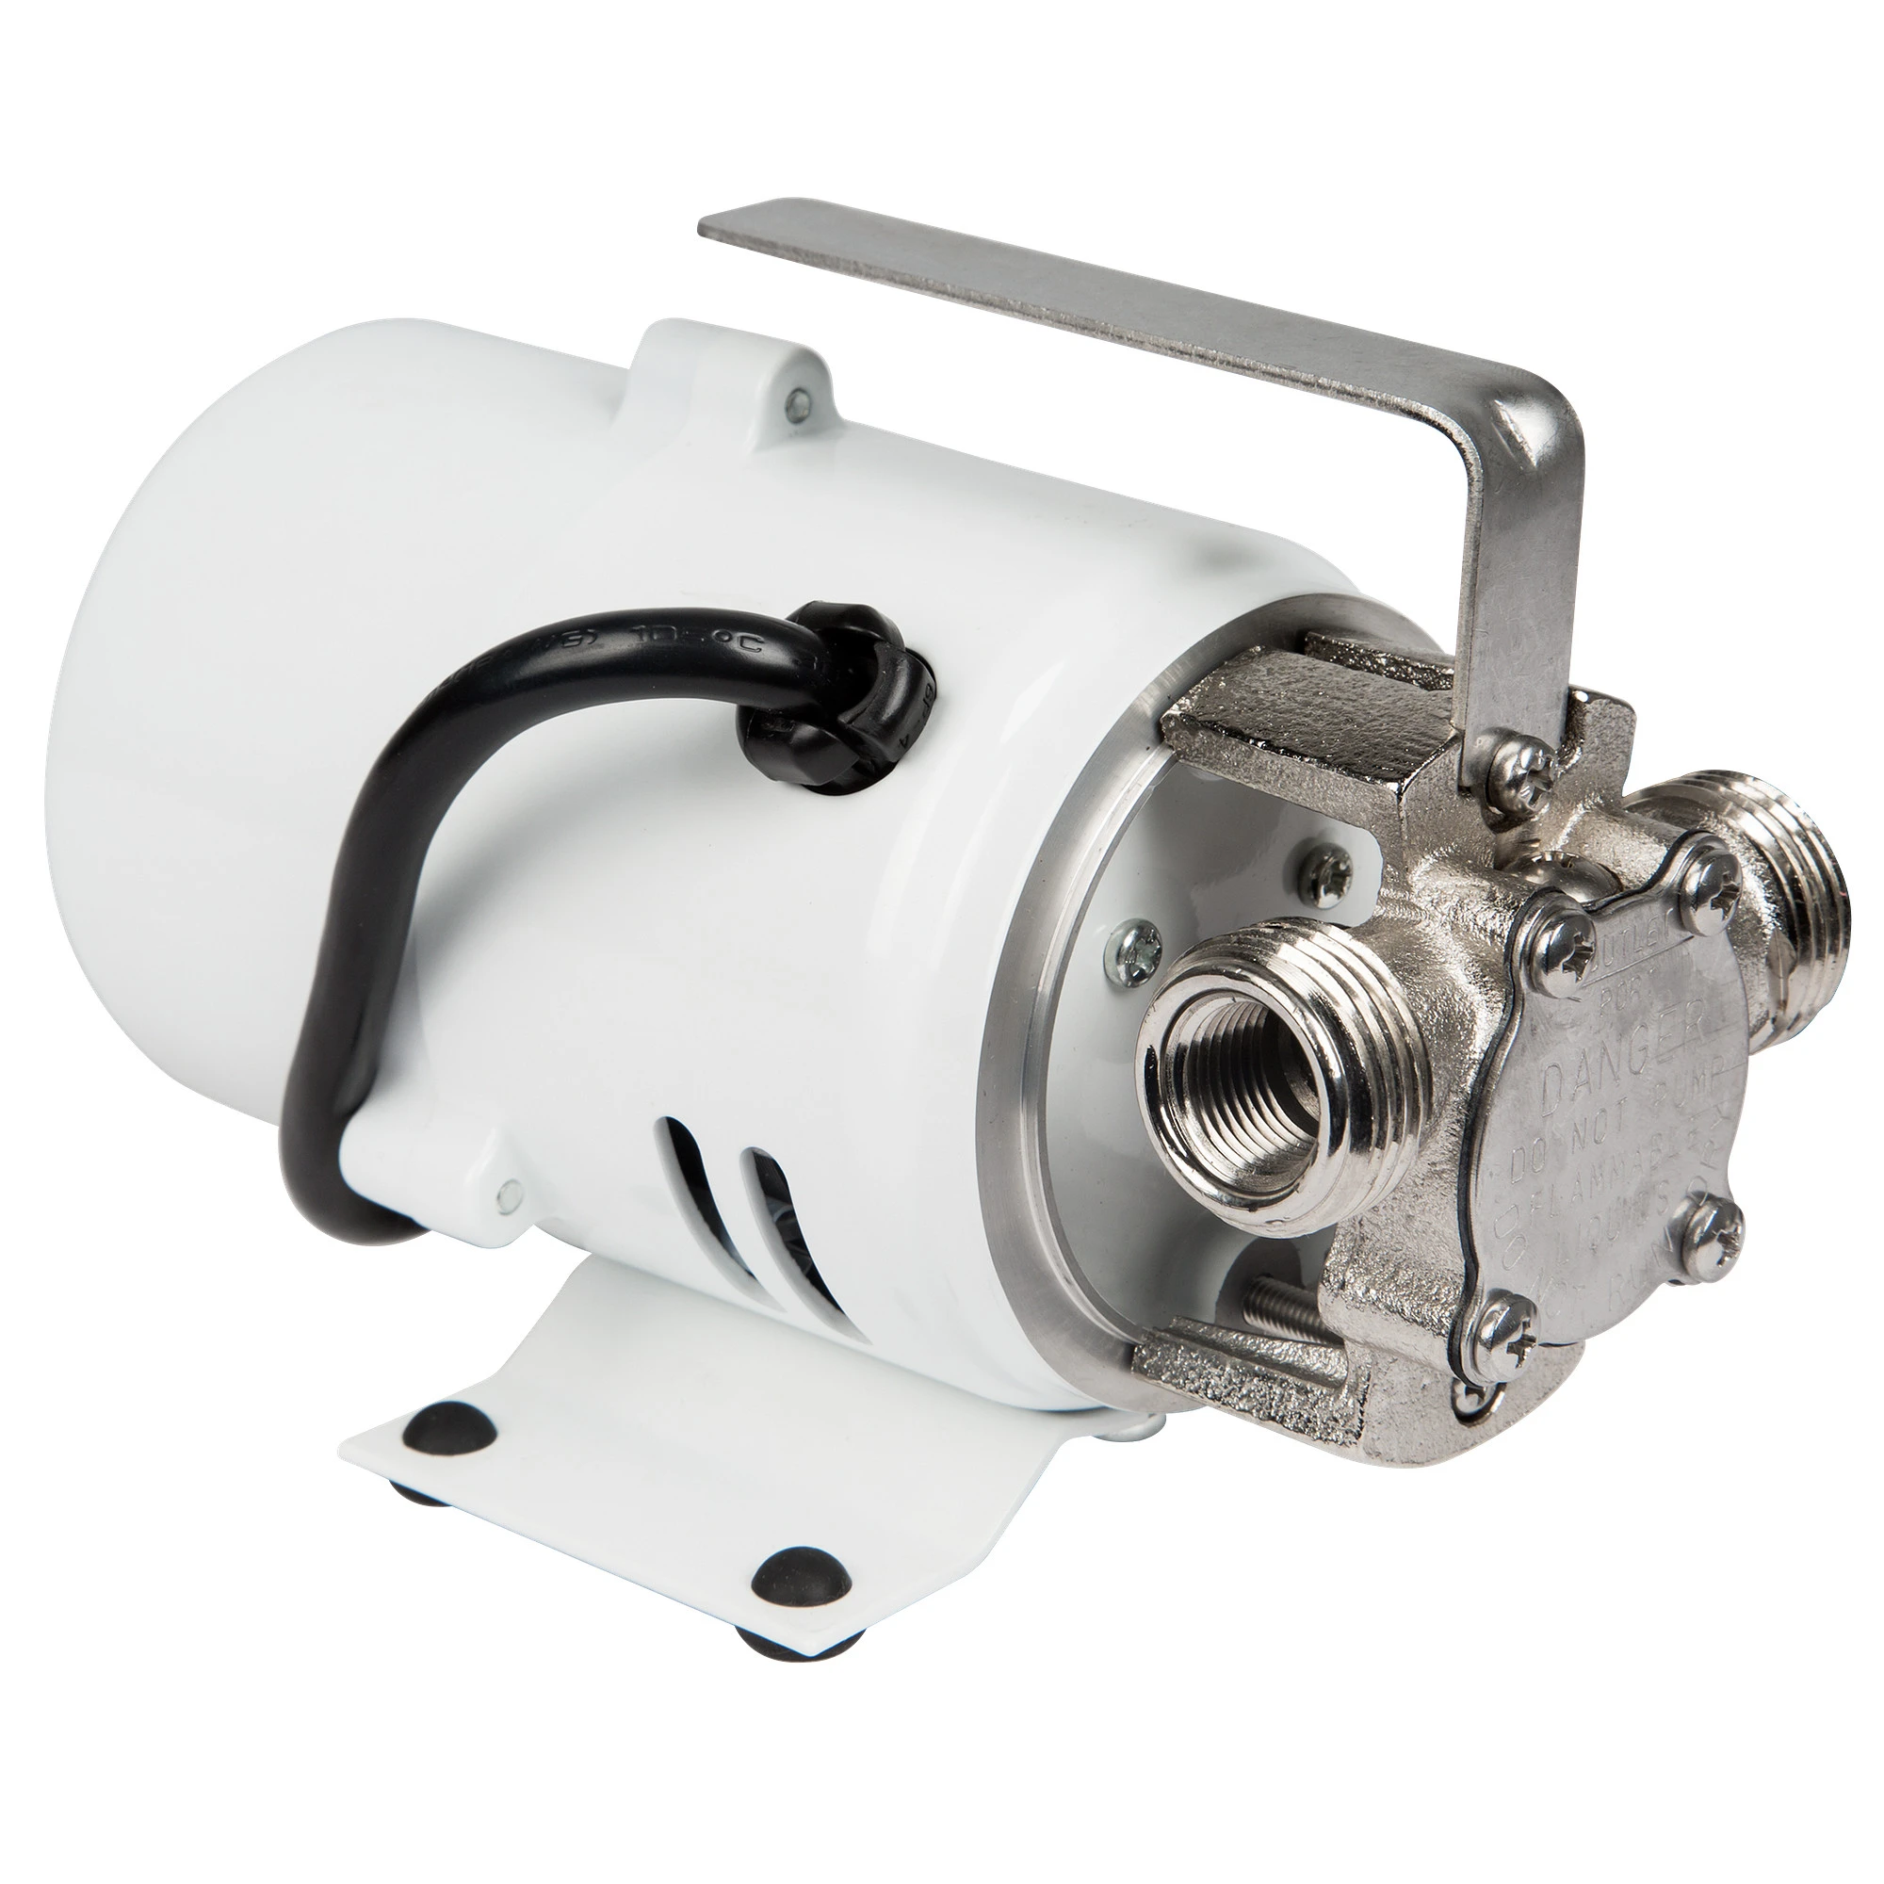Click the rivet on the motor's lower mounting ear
pos(506,1192)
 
